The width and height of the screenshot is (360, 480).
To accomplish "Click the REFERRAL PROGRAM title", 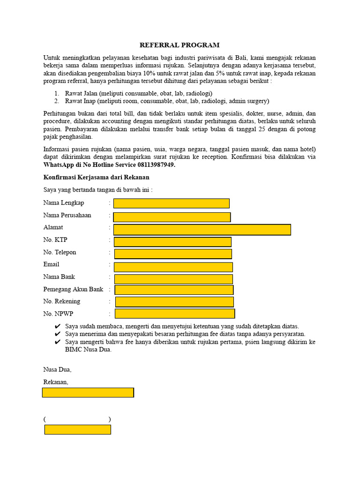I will [x=180, y=45].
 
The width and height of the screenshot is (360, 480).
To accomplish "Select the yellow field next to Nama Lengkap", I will [x=171, y=203].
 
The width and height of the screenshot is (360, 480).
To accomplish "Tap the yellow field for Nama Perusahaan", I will [x=172, y=217].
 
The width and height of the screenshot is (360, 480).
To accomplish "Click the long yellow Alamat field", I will [x=202, y=229].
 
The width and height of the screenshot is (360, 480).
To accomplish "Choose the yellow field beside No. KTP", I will [x=172, y=242].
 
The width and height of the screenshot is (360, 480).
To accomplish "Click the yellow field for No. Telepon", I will [x=173, y=254].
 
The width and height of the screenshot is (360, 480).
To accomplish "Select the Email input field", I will [x=173, y=267].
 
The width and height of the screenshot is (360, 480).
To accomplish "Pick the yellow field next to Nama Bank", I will [x=173, y=279].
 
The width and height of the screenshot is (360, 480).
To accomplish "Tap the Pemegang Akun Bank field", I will [x=174, y=290].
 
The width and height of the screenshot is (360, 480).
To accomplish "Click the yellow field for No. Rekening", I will [x=174, y=302].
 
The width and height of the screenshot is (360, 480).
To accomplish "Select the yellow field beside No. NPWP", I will [x=174, y=314].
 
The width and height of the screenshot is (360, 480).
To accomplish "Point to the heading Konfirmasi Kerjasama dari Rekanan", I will [x=96, y=178].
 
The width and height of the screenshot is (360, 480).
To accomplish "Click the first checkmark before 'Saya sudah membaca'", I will [x=57, y=326].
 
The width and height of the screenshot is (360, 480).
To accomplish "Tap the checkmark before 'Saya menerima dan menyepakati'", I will [x=57, y=334].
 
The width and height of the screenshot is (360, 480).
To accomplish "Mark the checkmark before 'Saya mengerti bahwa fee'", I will [x=57, y=342].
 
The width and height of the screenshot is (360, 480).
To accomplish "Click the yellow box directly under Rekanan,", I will [x=88, y=392].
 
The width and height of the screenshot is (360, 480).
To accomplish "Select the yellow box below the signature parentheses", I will [x=77, y=429].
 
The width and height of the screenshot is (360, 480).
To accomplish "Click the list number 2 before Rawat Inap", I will [x=56, y=101].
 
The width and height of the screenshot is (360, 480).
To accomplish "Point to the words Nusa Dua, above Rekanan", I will [x=57, y=369].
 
